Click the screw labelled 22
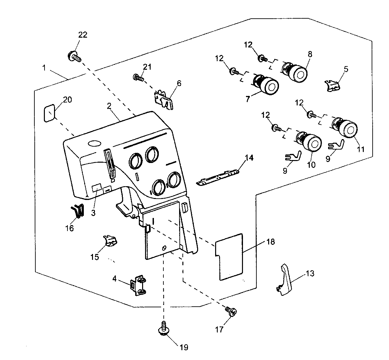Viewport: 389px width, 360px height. pos(74,56)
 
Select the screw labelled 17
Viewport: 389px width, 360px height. pos(231,311)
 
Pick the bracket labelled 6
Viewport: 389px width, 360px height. pos(164,100)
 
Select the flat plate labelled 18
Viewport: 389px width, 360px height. pos(229,257)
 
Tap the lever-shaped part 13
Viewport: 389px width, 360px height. pos(285,280)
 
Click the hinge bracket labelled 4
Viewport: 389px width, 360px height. pos(138,285)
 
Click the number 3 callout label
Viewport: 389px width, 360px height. pos(93,213)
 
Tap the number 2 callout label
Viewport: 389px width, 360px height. pos(109,106)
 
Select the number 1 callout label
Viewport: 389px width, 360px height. pos(44,67)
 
